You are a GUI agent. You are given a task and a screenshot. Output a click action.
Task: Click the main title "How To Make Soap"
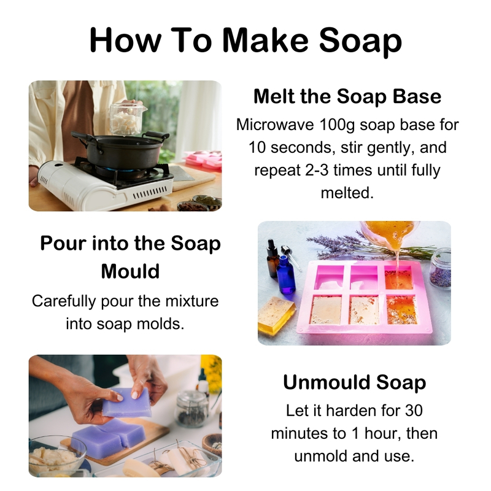(245, 39)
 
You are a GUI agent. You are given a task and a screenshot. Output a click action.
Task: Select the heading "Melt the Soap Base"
(347, 96)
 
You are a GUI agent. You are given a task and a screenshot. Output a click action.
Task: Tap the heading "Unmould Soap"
(354, 382)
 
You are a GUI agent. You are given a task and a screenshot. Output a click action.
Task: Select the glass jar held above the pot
(128, 118)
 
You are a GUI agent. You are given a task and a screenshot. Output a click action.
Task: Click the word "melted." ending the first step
(347, 193)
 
